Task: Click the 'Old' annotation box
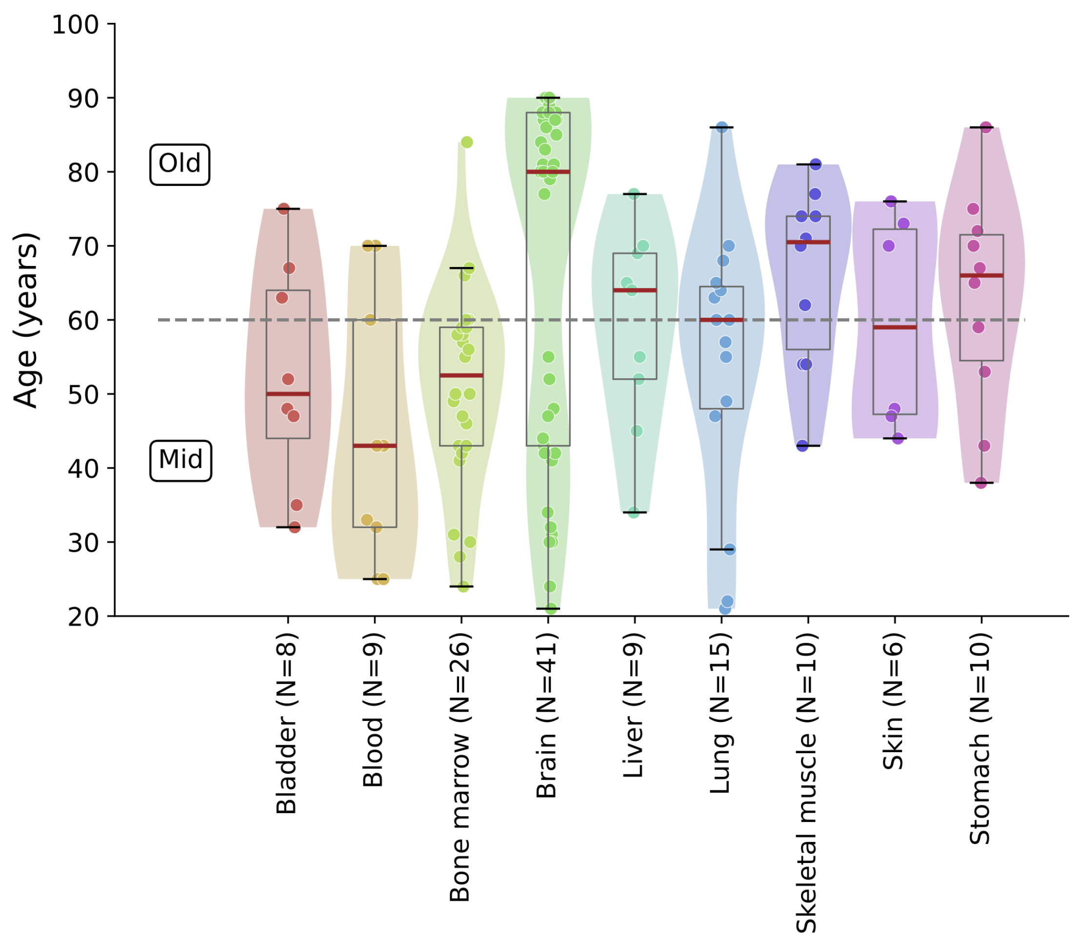[x=180, y=164]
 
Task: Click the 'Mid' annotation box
[x=180, y=460]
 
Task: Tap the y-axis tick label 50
[x=83, y=395]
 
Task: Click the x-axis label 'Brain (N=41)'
[x=547, y=715]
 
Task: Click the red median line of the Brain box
[x=548, y=171]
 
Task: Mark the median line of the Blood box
[x=375, y=446]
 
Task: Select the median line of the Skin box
[x=894, y=328]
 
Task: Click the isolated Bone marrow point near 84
[x=466, y=142]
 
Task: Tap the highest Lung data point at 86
[x=722, y=127]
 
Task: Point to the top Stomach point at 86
[x=985, y=127]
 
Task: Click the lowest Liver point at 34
[x=633, y=512]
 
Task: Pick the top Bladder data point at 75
[x=284, y=208]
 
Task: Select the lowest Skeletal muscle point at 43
[x=802, y=446]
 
